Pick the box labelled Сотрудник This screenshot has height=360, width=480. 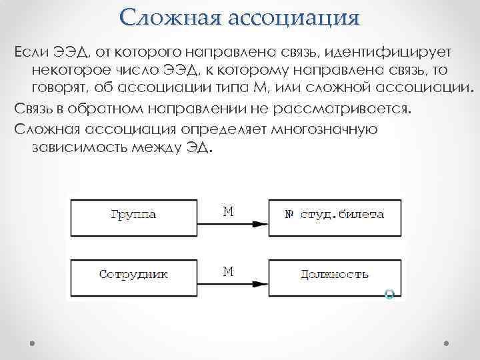132,274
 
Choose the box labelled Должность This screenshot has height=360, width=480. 335,274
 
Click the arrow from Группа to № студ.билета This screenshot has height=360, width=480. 233,226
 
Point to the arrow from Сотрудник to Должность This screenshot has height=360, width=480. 233,285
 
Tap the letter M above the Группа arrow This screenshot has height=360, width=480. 228,212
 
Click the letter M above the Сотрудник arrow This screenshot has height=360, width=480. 228,271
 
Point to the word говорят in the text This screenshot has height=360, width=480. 59,88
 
